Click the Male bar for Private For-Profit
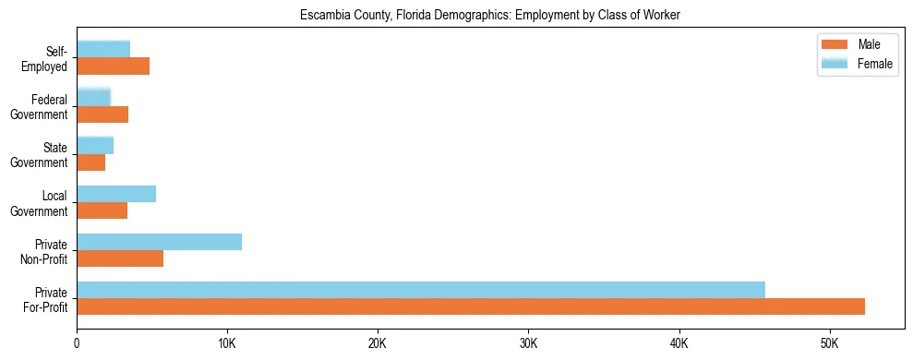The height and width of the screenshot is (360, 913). pyautogui.click(x=471, y=306)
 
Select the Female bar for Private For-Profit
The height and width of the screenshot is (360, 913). pyautogui.click(x=421, y=290)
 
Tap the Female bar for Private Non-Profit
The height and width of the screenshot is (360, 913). pyautogui.click(x=159, y=242)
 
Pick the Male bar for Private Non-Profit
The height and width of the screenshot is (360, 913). pyautogui.click(x=120, y=258)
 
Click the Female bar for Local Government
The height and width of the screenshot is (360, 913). pyautogui.click(x=116, y=194)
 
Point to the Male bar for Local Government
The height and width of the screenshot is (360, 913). pyautogui.click(x=102, y=210)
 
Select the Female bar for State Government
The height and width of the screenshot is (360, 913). pyautogui.click(x=95, y=145)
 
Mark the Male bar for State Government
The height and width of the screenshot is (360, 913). pyautogui.click(x=90, y=162)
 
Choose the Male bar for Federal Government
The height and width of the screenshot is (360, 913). pyautogui.click(x=102, y=114)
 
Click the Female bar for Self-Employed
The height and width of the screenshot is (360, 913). pyautogui.click(x=103, y=49)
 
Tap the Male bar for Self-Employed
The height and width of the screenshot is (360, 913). pyautogui.click(x=113, y=66)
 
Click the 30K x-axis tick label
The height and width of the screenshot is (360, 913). pyautogui.click(x=528, y=343)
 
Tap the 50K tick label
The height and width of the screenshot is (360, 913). pyautogui.click(x=829, y=343)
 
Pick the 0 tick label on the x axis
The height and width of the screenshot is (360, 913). pyautogui.click(x=77, y=343)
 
